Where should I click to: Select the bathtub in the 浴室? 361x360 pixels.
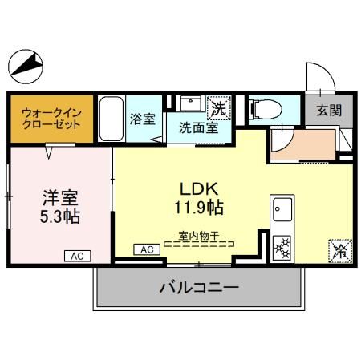[x=110, y=118]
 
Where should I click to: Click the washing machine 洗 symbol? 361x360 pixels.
[x=217, y=105]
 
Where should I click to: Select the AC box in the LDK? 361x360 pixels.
[x=148, y=250]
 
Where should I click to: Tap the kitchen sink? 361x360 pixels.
[x=282, y=211]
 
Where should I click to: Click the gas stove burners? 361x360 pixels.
[x=282, y=246]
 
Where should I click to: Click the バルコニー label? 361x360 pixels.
[x=200, y=286]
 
